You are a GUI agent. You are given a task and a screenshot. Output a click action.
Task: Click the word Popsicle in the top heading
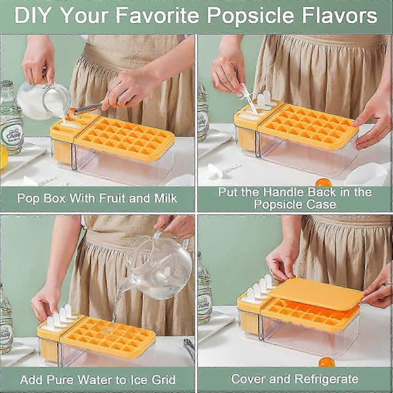point(250,16)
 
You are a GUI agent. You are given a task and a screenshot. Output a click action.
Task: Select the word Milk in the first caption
point(166,198)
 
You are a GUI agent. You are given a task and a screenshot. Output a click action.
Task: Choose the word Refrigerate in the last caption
point(326,379)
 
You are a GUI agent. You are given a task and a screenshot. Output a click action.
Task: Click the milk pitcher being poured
point(43,100)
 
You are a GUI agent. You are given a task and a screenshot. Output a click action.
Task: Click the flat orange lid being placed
point(317,293)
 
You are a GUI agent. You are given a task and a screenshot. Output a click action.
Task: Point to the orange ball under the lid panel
point(327,362)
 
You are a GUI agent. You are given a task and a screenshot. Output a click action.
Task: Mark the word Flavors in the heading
point(339,16)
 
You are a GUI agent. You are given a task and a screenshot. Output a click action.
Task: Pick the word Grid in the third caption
point(164,380)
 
